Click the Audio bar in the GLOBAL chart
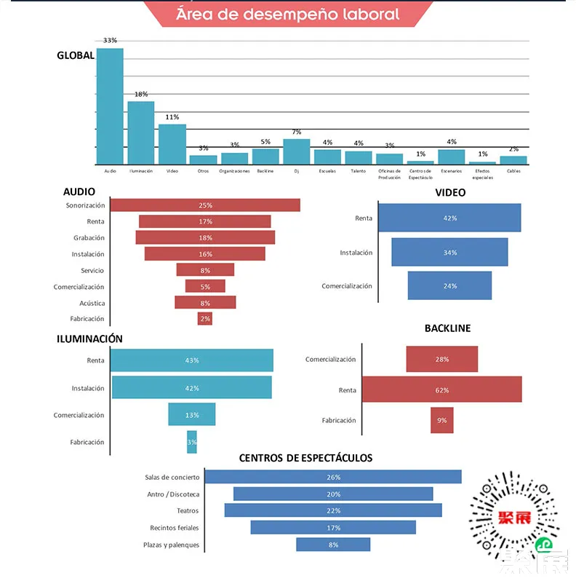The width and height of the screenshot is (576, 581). click(x=110, y=106)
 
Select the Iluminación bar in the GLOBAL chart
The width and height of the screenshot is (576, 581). click(x=141, y=133)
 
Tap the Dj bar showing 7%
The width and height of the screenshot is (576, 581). click(x=296, y=151)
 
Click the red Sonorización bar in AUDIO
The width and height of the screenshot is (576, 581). click(x=204, y=205)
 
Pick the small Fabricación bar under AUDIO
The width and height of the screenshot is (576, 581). click(x=204, y=319)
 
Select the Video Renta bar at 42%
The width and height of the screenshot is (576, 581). click(x=449, y=218)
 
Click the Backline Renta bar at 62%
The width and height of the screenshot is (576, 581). click(x=442, y=390)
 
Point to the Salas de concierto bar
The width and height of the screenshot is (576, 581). click(x=333, y=477)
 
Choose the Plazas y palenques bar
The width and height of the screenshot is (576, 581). click(x=333, y=545)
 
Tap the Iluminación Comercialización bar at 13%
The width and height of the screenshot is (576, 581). click(x=192, y=414)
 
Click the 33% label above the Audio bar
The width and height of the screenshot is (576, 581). click(x=110, y=41)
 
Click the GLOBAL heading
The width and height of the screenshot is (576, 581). click(x=76, y=55)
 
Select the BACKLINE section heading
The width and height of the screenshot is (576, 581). click(x=447, y=328)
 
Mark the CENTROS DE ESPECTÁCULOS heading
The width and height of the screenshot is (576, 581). click(x=305, y=458)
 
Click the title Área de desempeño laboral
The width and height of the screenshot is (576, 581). click(x=287, y=15)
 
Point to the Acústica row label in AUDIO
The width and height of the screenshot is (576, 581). click(x=92, y=303)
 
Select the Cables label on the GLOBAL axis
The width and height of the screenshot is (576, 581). click(x=513, y=171)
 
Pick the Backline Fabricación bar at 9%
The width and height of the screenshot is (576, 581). click(x=442, y=420)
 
